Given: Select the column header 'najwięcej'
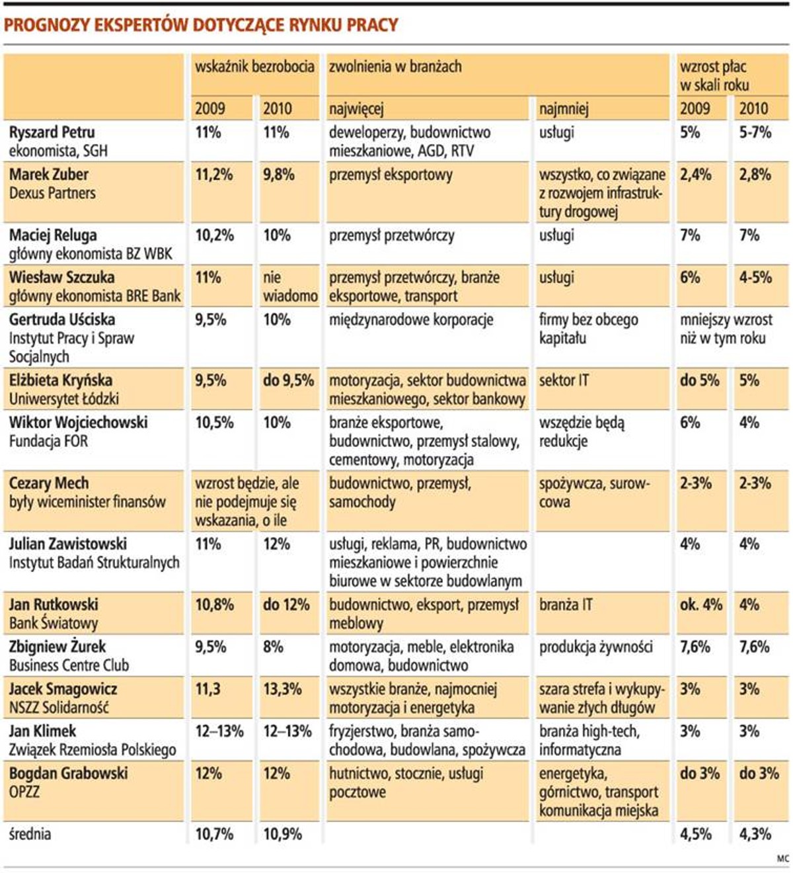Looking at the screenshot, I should click(x=356, y=108).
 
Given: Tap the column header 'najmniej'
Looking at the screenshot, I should click(x=564, y=108).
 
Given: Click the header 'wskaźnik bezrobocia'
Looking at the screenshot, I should click(x=254, y=66).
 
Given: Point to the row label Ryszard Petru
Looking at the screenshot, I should click(x=52, y=132).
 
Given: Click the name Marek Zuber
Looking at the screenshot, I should click(x=49, y=175).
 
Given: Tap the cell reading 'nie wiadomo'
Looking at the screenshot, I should click(x=289, y=286).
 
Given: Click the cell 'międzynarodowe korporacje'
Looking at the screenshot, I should click(x=411, y=320).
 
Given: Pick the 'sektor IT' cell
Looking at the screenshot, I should click(x=564, y=380).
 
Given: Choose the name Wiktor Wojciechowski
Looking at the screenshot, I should click(x=78, y=423).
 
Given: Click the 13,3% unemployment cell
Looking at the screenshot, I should click(x=282, y=689).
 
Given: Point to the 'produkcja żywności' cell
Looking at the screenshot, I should click(x=595, y=647).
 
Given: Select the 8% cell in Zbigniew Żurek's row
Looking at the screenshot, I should click(x=273, y=647).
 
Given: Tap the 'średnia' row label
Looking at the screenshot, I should click(x=30, y=834).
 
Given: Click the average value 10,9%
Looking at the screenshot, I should click(x=282, y=834).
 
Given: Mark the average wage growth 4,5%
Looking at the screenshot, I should click(x=696, y=834).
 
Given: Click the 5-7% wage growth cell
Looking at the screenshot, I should click(x=755, y=132).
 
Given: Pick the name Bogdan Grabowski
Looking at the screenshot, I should click(x=68, y=774).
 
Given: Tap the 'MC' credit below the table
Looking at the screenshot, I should click(x=782, y=858).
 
